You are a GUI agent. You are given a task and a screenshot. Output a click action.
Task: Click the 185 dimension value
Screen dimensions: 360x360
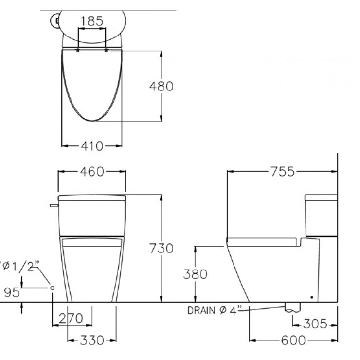click(x=92, y=21)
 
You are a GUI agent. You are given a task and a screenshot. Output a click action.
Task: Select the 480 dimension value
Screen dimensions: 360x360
click(x=161, y=86)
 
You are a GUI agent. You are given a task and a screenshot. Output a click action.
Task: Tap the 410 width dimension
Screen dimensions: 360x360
click(x=92, y=145)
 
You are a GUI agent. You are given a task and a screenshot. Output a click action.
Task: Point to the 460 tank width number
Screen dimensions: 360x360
click(x=92, y=172)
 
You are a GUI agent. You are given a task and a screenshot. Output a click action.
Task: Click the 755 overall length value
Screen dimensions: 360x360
click(x=282, y=172)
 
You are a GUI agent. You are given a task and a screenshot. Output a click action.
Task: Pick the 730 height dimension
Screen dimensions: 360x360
click(x=161, y=248)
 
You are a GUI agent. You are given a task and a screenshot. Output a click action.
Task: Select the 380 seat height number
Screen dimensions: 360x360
click(x=195, y=274)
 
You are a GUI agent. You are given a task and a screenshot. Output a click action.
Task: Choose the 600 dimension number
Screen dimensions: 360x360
click(x=293, y=340)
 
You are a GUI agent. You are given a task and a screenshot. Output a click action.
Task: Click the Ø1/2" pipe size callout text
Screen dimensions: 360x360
click(x=20, y=267)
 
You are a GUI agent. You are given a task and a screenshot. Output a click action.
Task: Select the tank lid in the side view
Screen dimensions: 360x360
click(x=321, y=198)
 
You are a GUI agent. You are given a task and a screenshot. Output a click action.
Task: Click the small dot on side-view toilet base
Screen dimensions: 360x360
click(x=311, y=295)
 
